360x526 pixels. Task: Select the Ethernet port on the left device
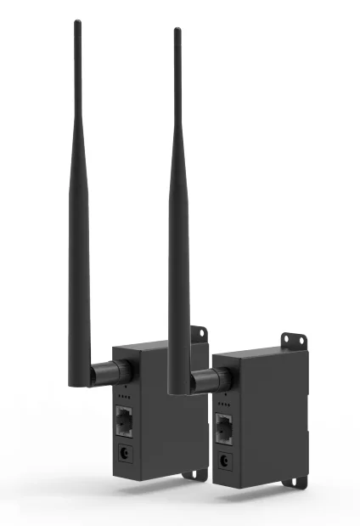tap(122, 421)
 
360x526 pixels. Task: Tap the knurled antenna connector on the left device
tap(115, 371)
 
